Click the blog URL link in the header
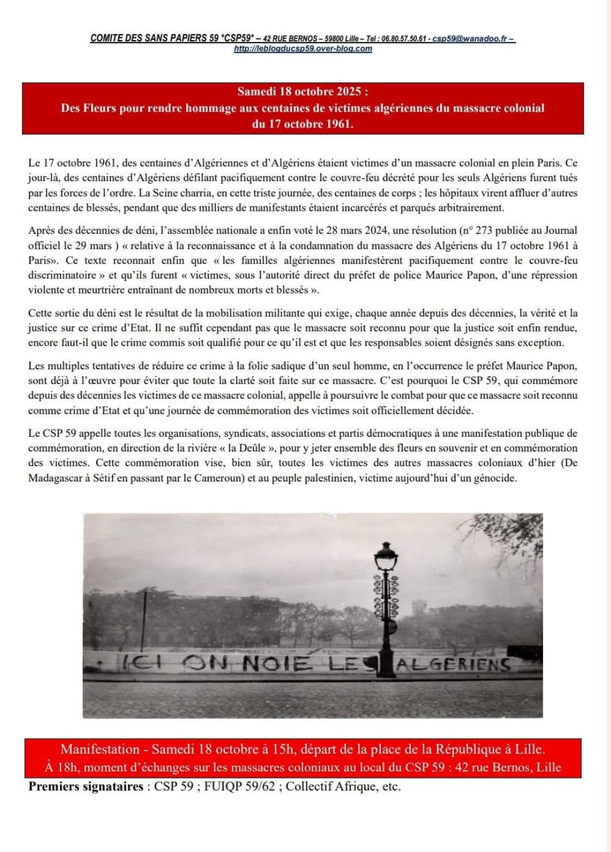pos(303,49)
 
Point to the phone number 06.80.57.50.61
pos(403,39)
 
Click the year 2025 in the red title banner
pos(348,91)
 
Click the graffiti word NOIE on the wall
pos(277,664)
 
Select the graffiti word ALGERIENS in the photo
pos(453,664)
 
